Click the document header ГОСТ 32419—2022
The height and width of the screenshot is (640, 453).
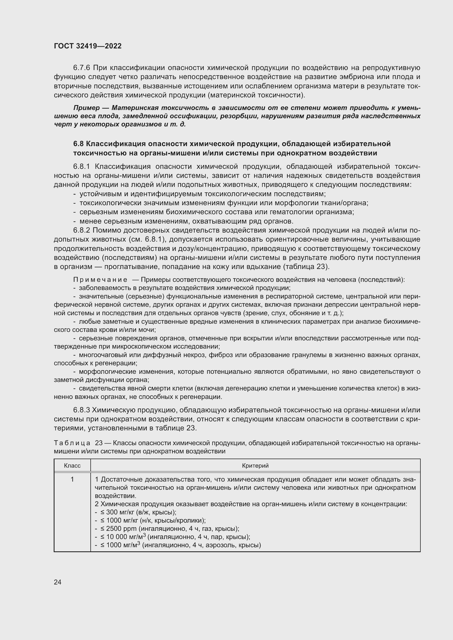pyautogui.click(x=88, y=46)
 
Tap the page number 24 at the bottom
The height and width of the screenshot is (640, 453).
pyautogui.click(x=58, y=582)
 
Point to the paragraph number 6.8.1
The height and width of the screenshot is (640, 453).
pyautogui.click(x=81, y=166)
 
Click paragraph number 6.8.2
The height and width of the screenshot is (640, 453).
pyautogui.click(x=81, y=230)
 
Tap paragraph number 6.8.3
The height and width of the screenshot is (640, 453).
pyautogui.click(x=81, y=410)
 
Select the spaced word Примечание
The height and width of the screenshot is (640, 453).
pyautogui.click(x=100, y=280)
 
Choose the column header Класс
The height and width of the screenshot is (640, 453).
pyautogui.click(x=72, y=465)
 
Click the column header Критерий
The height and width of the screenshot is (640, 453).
pyautogui.click(x=255, y=465)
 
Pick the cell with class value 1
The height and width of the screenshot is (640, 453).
pyautogui.click(x=72, y=479)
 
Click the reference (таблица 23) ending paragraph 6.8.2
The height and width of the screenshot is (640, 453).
pyautogui.click(x=306, y=267)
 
